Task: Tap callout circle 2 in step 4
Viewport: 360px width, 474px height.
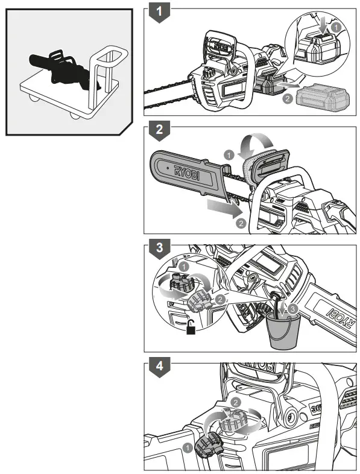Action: click(236, 402)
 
